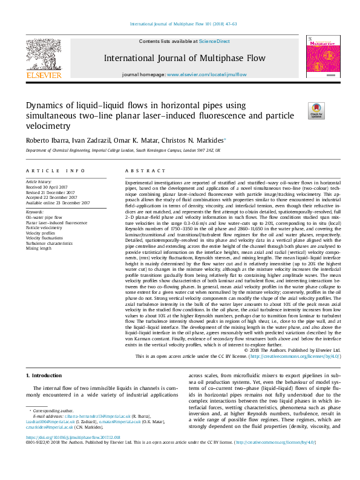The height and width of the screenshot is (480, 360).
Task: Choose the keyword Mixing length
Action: (39, 248)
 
